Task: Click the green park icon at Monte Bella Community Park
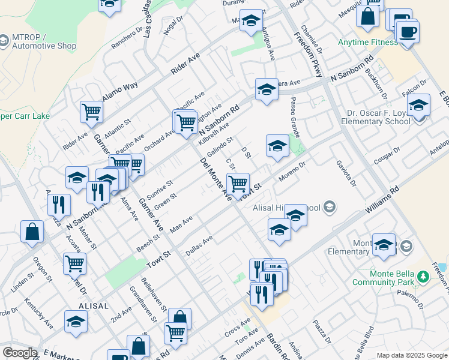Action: tap(423, 277)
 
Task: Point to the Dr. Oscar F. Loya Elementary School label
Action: tap(378, 116)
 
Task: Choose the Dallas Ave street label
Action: tap(199, 246)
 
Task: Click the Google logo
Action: tap(20, 352)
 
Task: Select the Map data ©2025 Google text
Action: tap(412, 355)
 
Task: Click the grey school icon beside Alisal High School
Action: tap(329, 207)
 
